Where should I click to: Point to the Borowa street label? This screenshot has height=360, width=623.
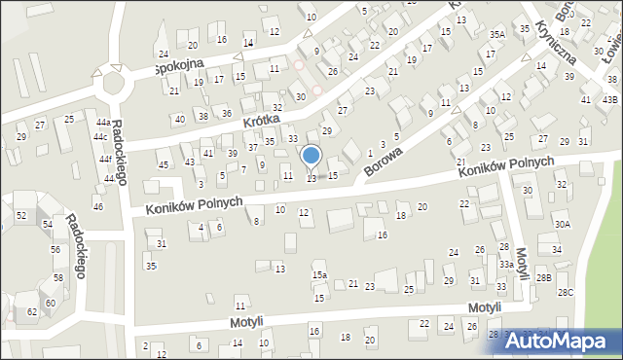click(x=383, y=157)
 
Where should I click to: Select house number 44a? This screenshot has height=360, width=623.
click(x=102, y=122)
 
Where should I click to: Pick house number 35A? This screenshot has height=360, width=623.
click(x=497, y=34)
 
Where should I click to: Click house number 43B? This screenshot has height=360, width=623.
click(x=609, y=100)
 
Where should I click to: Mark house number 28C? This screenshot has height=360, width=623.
click(x=565, y=292)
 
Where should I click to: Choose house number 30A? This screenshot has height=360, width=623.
click(x=563, y=224)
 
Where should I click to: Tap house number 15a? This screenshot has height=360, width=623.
click(x=318, y=276)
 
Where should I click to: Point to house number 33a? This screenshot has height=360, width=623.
click(x=506, y=265)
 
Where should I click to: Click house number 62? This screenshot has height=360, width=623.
click(x=32, y=311)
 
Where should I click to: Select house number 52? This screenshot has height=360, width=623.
click(x=21, y=215)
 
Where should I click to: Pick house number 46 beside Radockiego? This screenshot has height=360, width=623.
click(x=97, y=206)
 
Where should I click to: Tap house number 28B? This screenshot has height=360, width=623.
click(x=543, y=278)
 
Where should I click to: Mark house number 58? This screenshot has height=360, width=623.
click(x=57, y=277)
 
